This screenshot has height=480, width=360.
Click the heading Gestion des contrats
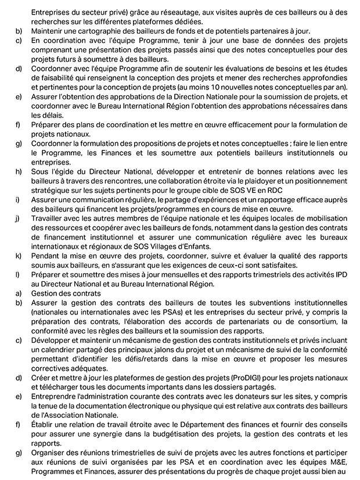click(66, 293)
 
